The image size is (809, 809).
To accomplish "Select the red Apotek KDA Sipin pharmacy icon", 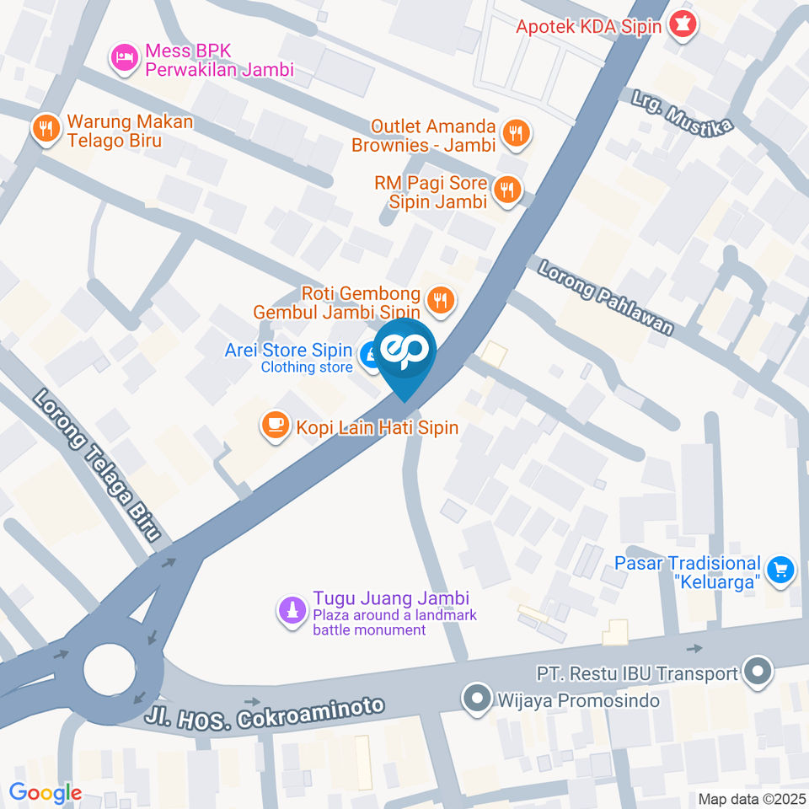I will (x=682, y=27).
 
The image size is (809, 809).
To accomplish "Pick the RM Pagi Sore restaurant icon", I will (x=506, y=190).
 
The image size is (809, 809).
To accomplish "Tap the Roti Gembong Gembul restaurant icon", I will (x=439, y=298).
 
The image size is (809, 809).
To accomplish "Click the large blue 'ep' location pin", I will (x=405, y=351).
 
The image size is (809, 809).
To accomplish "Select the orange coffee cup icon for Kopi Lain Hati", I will (x=274, y=426).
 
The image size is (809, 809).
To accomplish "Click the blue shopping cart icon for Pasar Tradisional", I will (x=781, y=569).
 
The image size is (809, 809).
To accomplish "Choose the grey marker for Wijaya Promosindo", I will (x=478, y=699).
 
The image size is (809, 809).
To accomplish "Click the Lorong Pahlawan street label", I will (x=606, y=297).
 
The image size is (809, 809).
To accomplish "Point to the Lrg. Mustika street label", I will (x=683, y=111).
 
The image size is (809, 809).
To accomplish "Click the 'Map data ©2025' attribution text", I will (x=751, y=798).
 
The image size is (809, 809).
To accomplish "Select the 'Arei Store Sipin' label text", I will (x=288, y=350).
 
